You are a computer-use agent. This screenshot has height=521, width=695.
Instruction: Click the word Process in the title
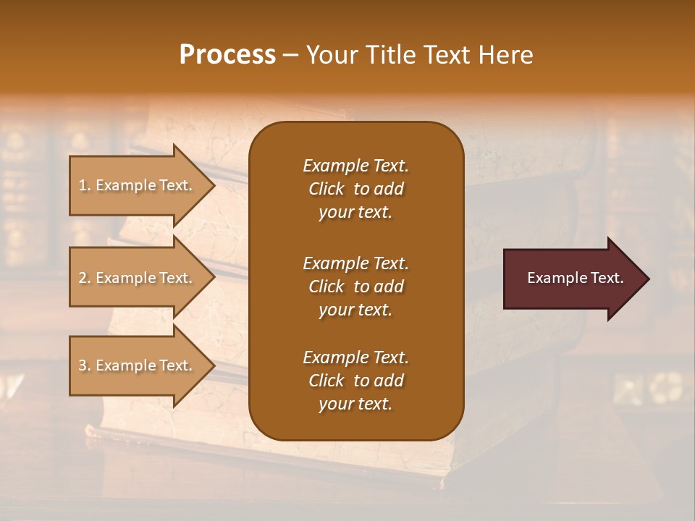coord(227,54)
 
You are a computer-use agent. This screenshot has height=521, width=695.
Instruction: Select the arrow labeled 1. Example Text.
coord(138,185)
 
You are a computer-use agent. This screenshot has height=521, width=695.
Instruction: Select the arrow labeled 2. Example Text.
coord(138,278)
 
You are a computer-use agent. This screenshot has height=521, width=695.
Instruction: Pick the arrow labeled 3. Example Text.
coord(138,365)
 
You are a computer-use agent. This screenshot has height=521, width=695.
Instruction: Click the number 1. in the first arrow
coord(84,185)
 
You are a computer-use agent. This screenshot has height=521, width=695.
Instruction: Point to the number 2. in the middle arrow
coord(84,278)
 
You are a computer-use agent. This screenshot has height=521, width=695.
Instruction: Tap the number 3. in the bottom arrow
coord(84,365)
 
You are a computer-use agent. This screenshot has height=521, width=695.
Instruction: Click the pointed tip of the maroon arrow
coord(646,279)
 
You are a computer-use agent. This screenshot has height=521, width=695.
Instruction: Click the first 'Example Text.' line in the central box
coord(355,166)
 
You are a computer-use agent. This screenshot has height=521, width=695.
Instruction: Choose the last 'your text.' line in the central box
coord(355,404)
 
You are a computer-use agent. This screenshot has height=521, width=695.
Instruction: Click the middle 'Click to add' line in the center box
coord(355,287)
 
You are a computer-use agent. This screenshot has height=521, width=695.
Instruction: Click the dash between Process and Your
coord(291,55)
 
